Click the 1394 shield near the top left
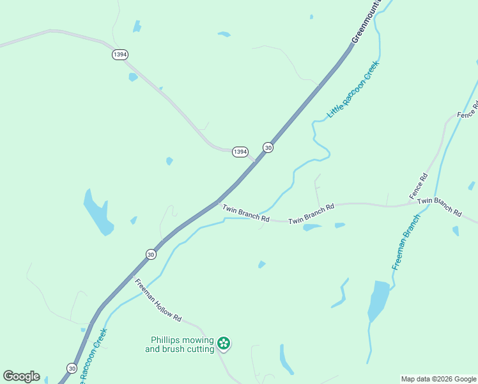point(119,54)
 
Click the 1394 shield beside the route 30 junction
point(240,152)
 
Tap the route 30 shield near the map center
point(268,147)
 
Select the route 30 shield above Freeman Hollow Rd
point(151,254)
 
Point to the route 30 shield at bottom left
point(72,368)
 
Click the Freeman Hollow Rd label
point(158,300)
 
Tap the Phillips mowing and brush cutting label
point(180,345)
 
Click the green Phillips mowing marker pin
point(224,344)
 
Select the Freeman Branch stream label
point(406,243)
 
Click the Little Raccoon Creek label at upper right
point(353,89)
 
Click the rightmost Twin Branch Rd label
point(439,205)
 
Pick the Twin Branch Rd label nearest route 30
point(246,212)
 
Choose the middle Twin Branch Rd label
point(311,214)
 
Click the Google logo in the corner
point(21,376)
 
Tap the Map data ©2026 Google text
point(439,379)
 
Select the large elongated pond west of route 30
point(98,212)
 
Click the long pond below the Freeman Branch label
point(378,301)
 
